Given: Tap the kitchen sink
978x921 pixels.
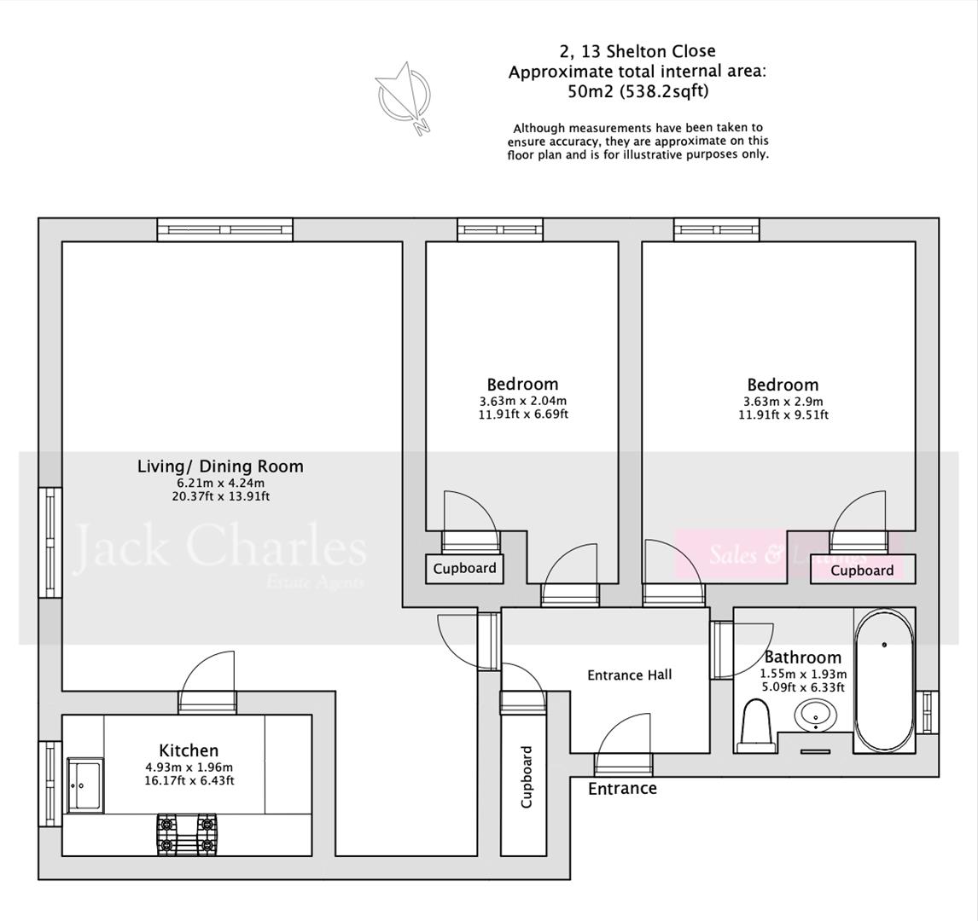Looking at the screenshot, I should pos(85,785).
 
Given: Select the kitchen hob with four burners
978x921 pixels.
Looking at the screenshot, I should pos(185,835).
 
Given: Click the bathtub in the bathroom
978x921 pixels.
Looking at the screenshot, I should pos(884,680).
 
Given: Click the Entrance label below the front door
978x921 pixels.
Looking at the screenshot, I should pos(622,789).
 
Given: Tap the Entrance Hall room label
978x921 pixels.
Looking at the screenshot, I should pos(629,675).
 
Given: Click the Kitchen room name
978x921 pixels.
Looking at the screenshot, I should pos(189,750).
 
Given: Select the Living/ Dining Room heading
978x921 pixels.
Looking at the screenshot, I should pos(220,466).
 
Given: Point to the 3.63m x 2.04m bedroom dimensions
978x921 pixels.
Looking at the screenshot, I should pos(523,401).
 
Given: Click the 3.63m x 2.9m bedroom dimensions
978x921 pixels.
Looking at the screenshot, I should pos(783,402).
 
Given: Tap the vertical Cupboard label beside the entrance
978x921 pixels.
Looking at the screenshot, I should pos(527,777).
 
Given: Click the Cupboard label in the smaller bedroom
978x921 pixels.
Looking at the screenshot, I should pos(464,569).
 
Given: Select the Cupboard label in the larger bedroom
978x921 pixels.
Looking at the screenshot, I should pos(862,571).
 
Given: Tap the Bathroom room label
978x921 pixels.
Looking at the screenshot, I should pos(802,657).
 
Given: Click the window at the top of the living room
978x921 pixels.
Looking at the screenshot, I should pos(225,229).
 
